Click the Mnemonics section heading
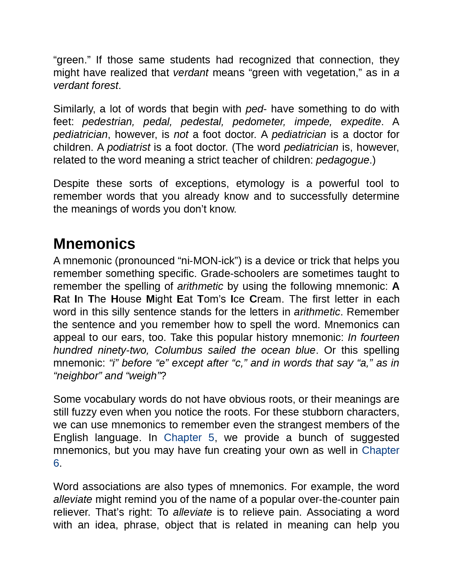[x=94, y=244]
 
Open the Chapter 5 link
[x=189, y=438]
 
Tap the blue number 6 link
[x=56, y=463]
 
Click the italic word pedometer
[x=259, y=122]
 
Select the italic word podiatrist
[x=128, y=147]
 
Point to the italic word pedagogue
[x=342, y=160]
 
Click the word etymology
[x=260, y=184]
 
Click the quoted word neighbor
[x=78, y=376]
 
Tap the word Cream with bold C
[x=265, y=299]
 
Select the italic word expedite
[x=361, y=122]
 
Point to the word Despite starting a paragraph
[x=71, y=184]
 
